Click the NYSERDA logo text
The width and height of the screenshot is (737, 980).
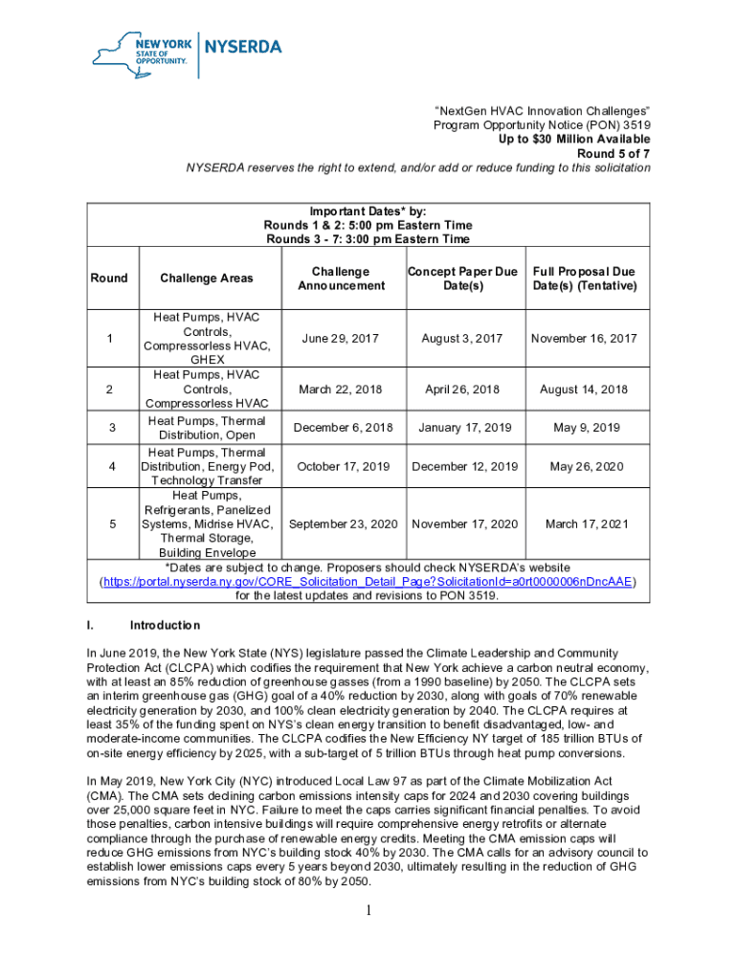(x=244, y=46)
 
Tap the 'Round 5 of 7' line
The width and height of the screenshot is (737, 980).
(x=614, y=153)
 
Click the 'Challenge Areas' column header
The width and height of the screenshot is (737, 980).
(x=207, y=278)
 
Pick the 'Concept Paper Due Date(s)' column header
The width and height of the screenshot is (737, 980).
(x=463, y=278)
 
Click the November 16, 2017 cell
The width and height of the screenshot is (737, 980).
(x=584, y=339)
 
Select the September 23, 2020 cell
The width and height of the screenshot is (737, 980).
(x=343, y=524)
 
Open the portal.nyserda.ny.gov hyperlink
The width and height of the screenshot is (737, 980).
(x=368, y=582)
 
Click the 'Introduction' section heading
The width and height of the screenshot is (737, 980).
(x=165, y=626)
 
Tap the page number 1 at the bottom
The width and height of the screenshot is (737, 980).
(x=368, y=910)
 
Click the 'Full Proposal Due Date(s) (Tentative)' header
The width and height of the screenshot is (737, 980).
(x=584, y=278)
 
